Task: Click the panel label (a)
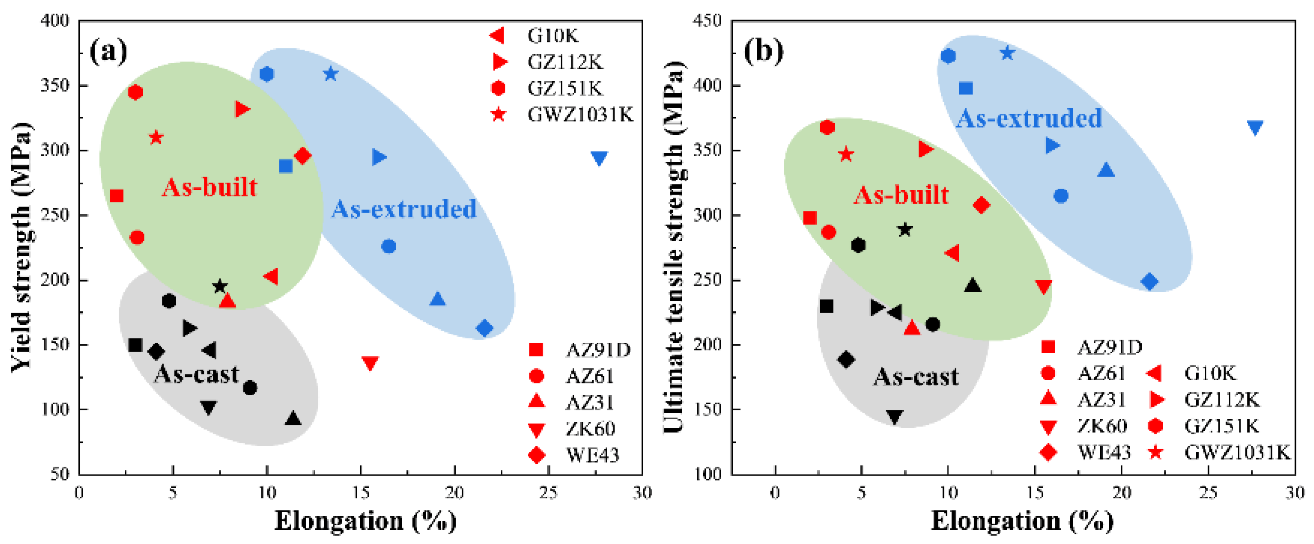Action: coord(108,51)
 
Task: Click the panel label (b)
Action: coord(763,51)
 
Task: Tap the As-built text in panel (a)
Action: coord(209,187)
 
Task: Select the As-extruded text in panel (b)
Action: coord(1029,118)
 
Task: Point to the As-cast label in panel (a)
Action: coord(197,374)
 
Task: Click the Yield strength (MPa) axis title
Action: coord(22,247)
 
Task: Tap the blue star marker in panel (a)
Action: coord(331,74)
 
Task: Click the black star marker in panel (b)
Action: coord(905,229)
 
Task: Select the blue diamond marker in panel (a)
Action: coord(484,328)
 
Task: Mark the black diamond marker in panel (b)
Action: coord(846,359)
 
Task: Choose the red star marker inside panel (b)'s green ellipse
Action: coord(846,154)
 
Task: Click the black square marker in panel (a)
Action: coord(135,345)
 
